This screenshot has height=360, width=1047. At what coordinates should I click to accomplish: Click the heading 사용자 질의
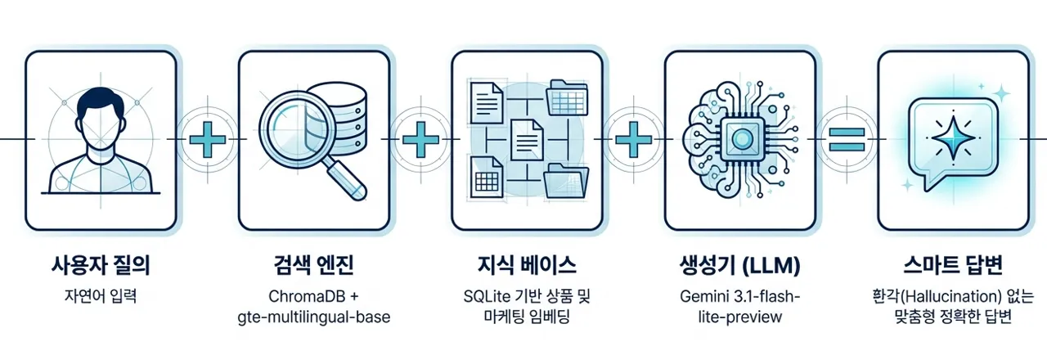pos(101,266)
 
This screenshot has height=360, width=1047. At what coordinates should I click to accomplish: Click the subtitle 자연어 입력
pos(101,296)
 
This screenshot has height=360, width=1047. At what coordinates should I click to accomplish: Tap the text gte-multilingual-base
pos(313,317)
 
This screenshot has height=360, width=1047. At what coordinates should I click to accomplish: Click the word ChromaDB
pos(306,296)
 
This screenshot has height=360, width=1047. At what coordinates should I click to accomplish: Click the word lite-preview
pos(740,317)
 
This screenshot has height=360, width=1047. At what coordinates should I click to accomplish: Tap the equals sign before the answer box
pos(847,139)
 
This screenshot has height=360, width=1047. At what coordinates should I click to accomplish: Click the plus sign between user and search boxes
pos(208,139)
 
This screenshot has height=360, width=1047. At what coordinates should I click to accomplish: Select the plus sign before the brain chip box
pos(633,139)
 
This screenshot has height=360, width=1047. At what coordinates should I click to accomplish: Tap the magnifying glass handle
pos(346,180)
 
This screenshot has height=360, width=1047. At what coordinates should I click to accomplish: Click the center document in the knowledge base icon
pos(528,140)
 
